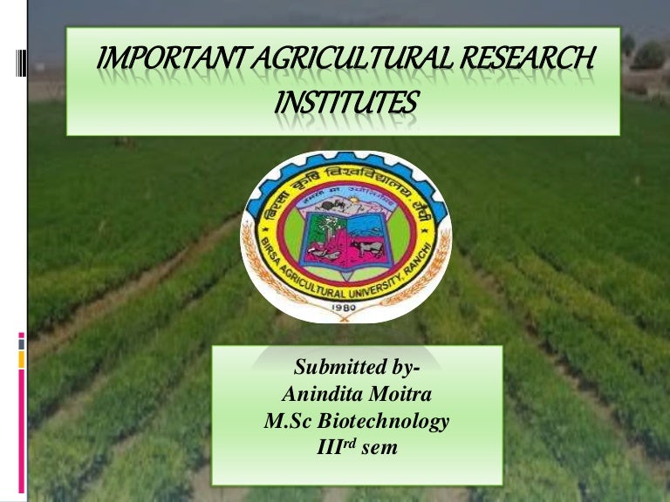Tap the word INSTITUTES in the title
click(x=345, y=104)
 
